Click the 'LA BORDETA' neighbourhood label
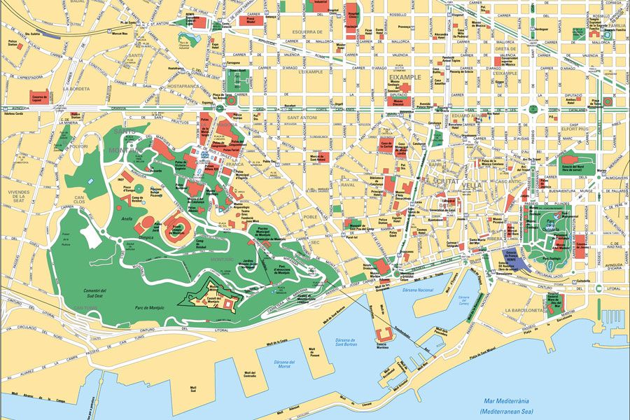tap(76, 89)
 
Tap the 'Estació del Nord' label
tap(577, 167)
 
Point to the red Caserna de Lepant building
tap(39, 96)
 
